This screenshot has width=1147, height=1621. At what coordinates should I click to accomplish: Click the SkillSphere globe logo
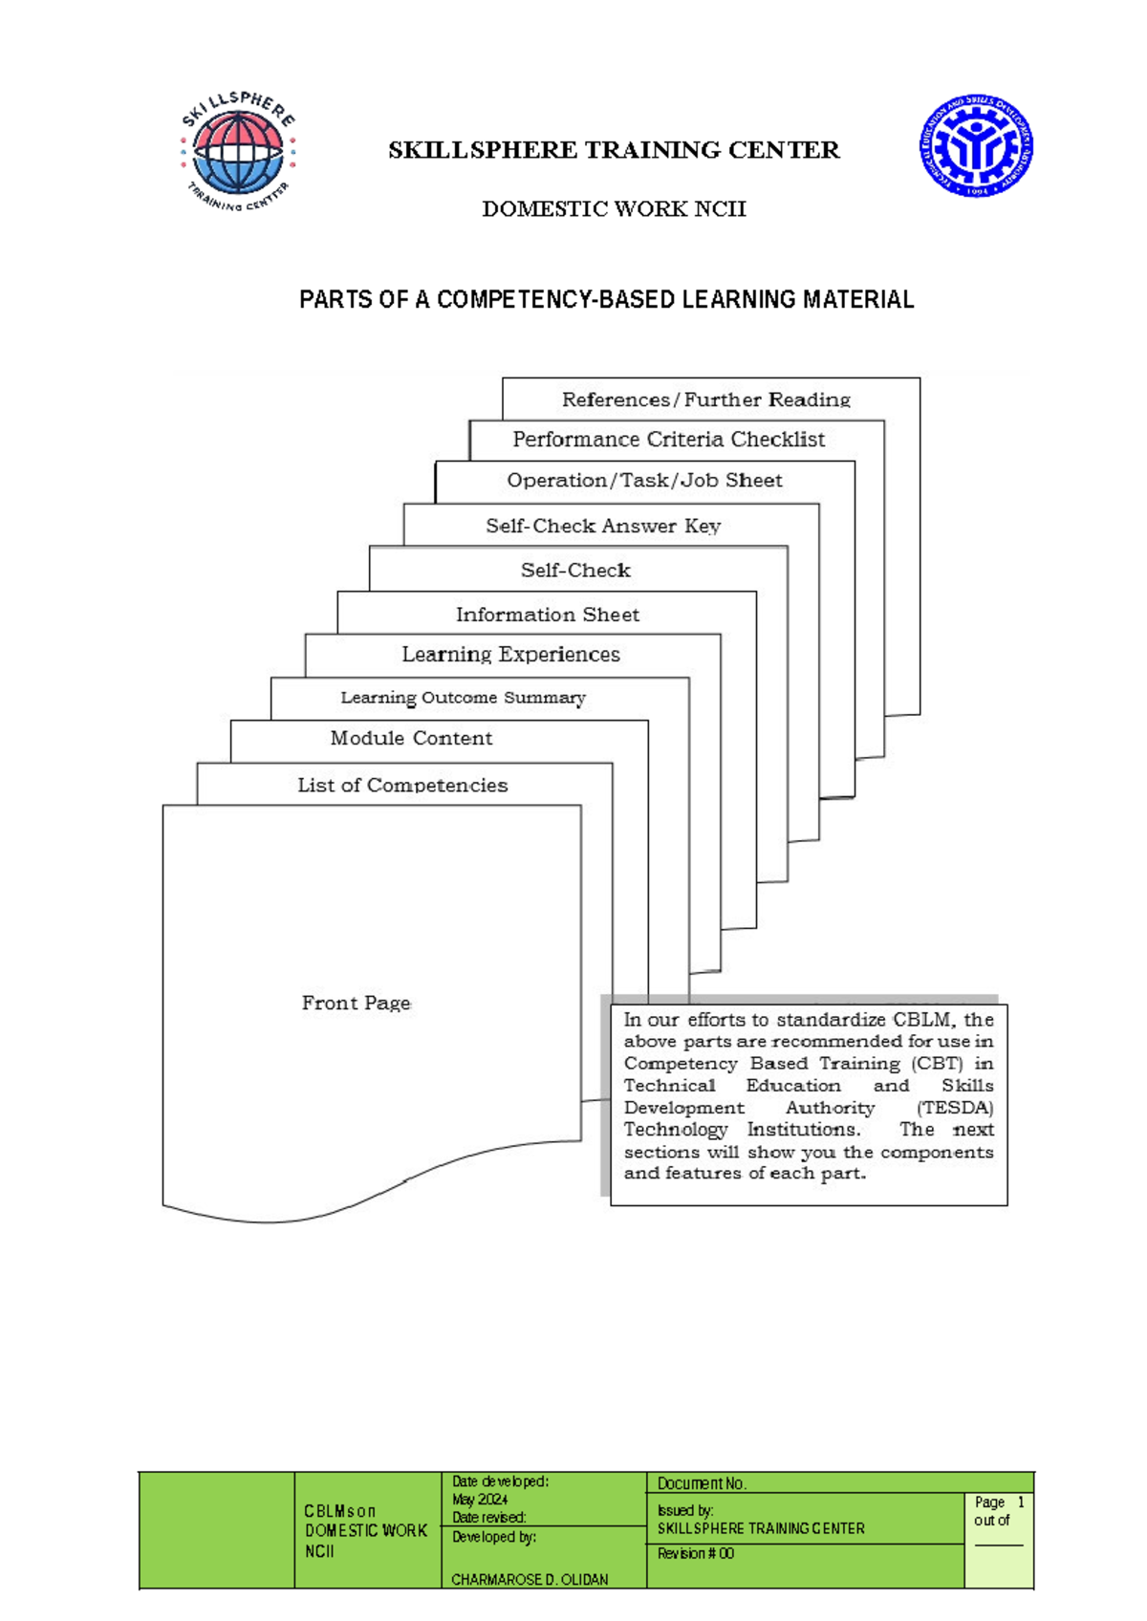click(238, 151)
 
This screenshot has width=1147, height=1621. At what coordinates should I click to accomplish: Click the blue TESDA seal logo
click(975, 146)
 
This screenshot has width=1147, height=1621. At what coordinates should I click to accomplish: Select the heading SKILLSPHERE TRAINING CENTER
click(614, 150)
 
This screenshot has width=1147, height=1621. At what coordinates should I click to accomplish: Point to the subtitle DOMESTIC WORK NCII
click(614, 208)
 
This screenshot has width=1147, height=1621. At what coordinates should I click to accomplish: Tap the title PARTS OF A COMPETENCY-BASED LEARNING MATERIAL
click(606, 300)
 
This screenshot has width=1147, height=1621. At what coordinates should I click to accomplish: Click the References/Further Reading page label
click(705, 400)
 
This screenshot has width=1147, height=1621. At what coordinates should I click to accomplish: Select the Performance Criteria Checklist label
click(668, 440)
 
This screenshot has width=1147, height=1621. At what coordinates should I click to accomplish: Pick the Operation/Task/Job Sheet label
click(644, 481)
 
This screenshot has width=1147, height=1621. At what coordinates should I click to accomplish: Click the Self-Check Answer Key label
click(602, 526)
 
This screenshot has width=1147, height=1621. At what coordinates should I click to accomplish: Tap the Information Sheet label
click(547, 615)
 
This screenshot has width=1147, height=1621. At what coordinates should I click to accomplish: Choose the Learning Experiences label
click(510, 655)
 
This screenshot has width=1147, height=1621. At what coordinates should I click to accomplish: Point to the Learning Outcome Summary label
click(463, 698)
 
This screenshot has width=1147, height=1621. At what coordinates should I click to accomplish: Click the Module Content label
click(411, 738)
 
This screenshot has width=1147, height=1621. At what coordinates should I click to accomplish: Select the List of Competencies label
click(402, 786)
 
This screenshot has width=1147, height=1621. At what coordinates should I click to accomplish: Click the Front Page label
click(356, 1003)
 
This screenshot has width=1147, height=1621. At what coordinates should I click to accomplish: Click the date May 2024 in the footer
click(480, 1500)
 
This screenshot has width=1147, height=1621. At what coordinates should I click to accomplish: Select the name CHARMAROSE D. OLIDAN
click(530, 1580)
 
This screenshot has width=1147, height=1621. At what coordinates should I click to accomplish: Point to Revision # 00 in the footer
click(695, 1554)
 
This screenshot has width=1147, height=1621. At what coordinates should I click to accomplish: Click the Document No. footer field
click(702, 1483)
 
